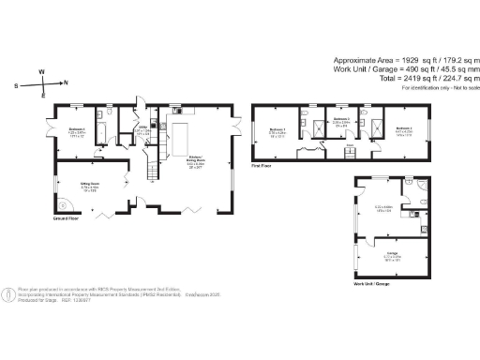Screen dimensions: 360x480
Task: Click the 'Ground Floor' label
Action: point(67,217)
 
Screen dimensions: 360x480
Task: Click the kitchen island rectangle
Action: point(179,139)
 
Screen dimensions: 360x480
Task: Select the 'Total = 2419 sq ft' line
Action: point(409,80)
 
